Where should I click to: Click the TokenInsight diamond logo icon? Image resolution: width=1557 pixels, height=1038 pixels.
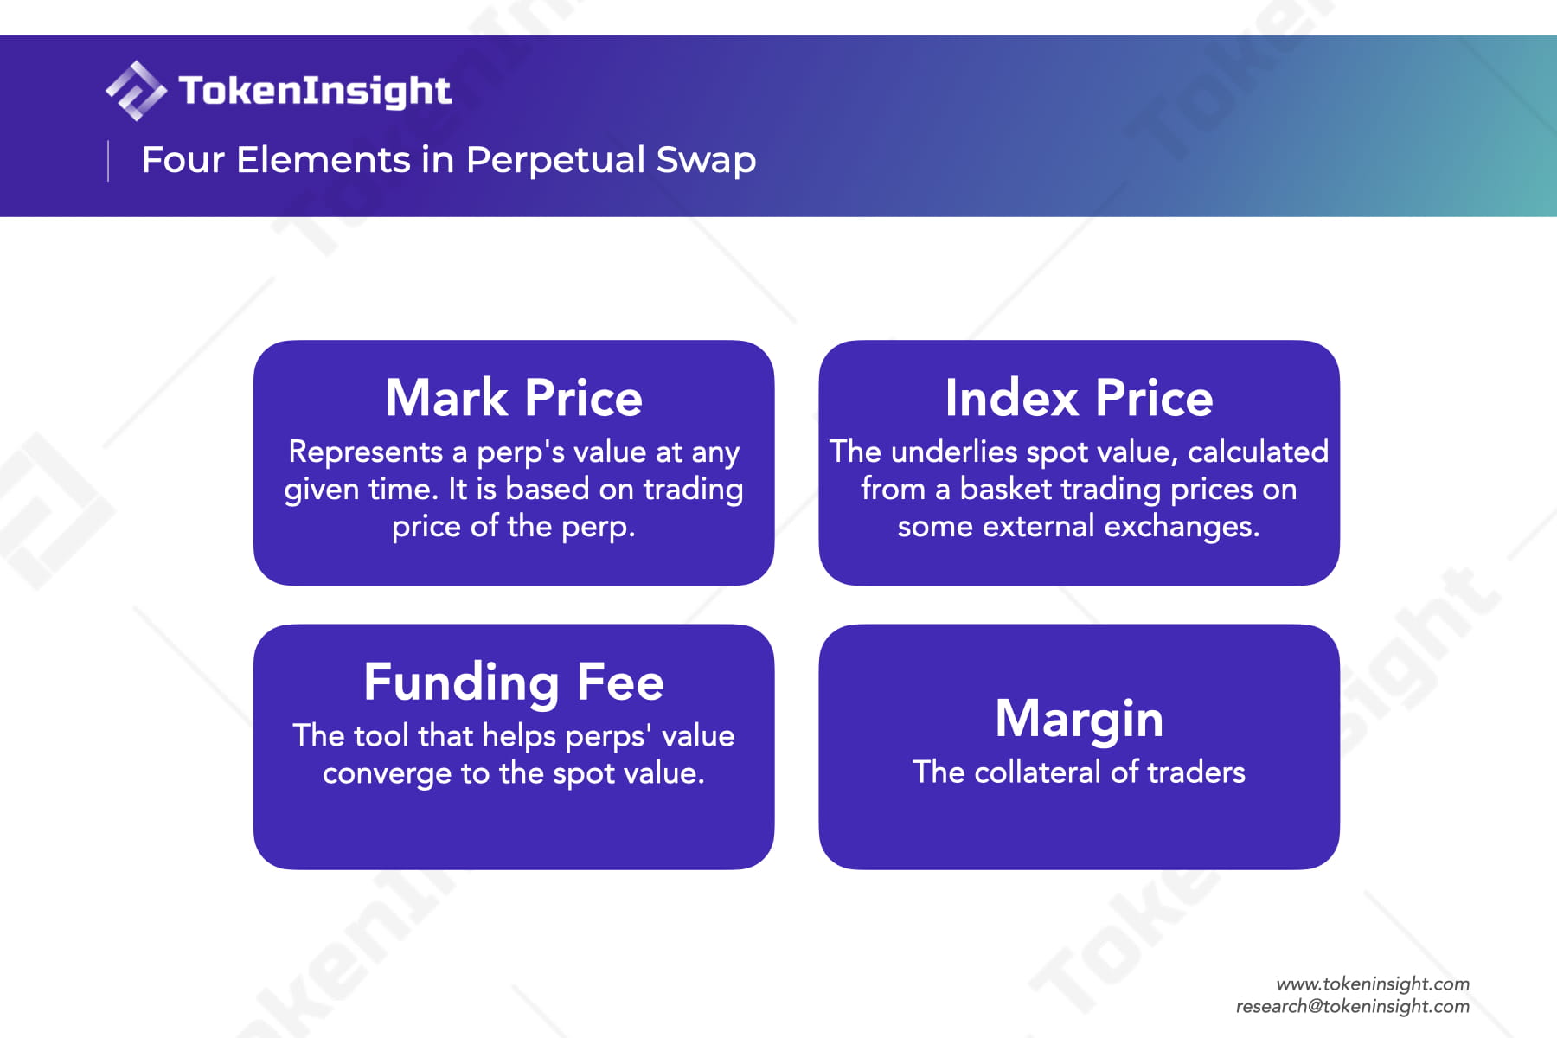tap(136, 90)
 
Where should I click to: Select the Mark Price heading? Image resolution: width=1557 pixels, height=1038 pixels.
tap(514, 398)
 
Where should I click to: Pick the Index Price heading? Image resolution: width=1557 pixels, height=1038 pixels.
tap(1079, 398)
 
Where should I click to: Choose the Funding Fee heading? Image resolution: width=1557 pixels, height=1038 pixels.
tap(514, 682)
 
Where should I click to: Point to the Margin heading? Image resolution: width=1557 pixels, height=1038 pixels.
tap(1079, 720)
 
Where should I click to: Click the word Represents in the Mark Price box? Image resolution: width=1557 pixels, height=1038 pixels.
tap(366, 452)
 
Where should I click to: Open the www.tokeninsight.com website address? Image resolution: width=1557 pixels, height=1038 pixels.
tap(1373, 984)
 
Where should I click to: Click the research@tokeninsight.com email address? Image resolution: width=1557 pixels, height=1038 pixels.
tap(1353, 1006)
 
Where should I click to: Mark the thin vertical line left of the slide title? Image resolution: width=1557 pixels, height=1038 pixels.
tap(108, 161)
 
